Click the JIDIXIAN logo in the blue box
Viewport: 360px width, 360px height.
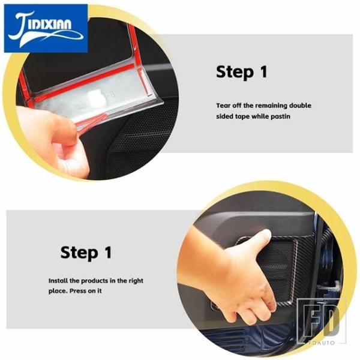tap(46, 28)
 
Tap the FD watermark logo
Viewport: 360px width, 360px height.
tap(321, 321)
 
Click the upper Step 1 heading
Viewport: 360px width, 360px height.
tap(242, 72)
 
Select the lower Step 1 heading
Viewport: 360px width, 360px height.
tap(86, 253)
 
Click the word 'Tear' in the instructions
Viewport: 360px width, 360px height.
tap(223, 106)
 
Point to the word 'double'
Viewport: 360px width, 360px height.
tap(300, 106)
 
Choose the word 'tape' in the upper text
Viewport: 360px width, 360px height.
tap(242, 116)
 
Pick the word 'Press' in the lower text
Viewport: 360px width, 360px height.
tap(77, 291)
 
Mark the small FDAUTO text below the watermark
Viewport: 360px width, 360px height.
tap(321, 343)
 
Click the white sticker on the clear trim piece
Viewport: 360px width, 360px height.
tap(97, 97)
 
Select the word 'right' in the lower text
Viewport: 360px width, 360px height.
tap(136, 281)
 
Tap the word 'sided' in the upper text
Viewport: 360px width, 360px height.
tap(224, 116)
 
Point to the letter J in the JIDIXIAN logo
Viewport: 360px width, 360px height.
tap(20, 28)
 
